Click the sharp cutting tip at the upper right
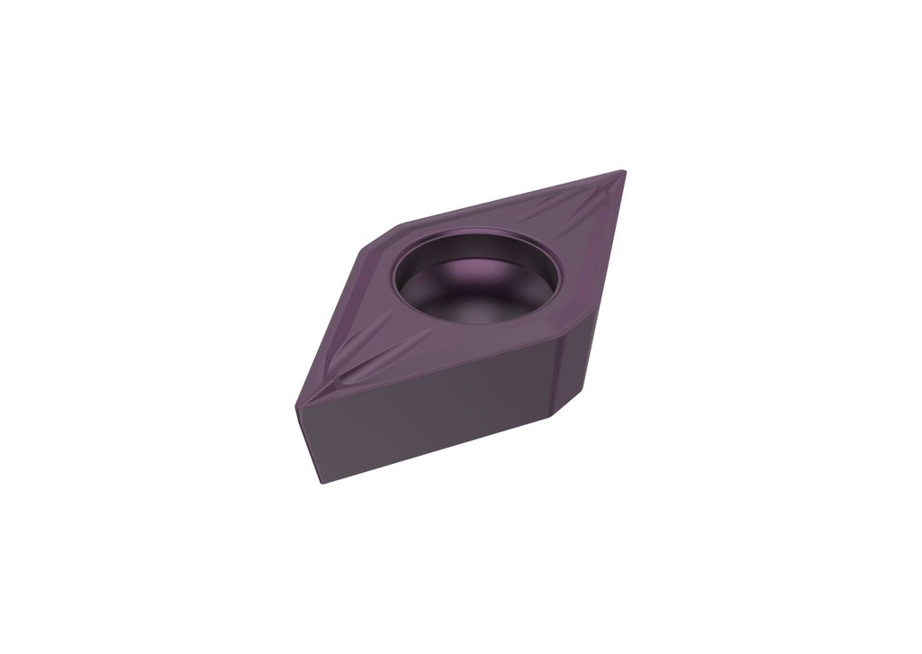[x=623, y=171]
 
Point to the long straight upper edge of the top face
[x=513, y=196]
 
